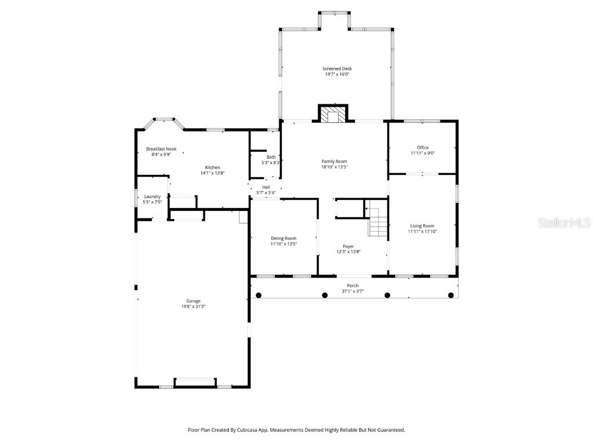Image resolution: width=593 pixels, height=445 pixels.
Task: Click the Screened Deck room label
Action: pos(336,69)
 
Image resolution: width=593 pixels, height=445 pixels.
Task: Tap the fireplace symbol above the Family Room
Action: pos(333,115)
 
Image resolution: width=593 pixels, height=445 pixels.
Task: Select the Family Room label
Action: pos(334,162)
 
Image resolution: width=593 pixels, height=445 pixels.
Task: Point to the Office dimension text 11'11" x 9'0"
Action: pos(423,154)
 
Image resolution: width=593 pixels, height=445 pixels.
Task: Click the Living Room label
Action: pos(422,226)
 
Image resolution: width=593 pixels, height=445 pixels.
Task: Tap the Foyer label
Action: pos(348,246)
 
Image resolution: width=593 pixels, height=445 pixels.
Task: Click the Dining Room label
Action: pos(283,238)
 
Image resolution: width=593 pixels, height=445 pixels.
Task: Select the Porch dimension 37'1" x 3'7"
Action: pos(352,291)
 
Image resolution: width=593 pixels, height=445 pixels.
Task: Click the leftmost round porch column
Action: pos(259,296)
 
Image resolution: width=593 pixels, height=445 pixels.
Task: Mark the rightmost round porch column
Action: pos(451,296)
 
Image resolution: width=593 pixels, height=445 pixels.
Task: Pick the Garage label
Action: pos(193,301)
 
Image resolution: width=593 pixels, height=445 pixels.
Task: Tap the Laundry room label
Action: pos(152,196)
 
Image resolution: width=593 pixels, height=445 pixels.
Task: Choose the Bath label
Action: pos(271,157)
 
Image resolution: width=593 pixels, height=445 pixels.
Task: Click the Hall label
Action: pos(266,187)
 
